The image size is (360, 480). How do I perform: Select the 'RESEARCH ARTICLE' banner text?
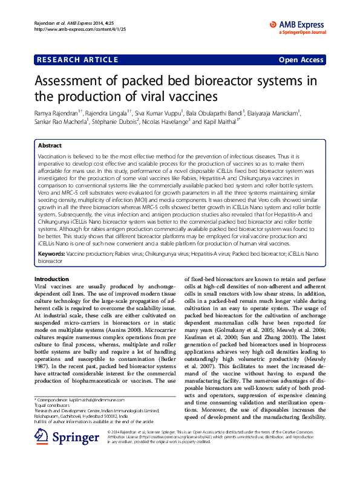pos(78,60)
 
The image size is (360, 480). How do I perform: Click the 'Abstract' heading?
pos(50,146)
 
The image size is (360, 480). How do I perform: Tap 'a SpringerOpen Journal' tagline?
pos(303,32)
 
